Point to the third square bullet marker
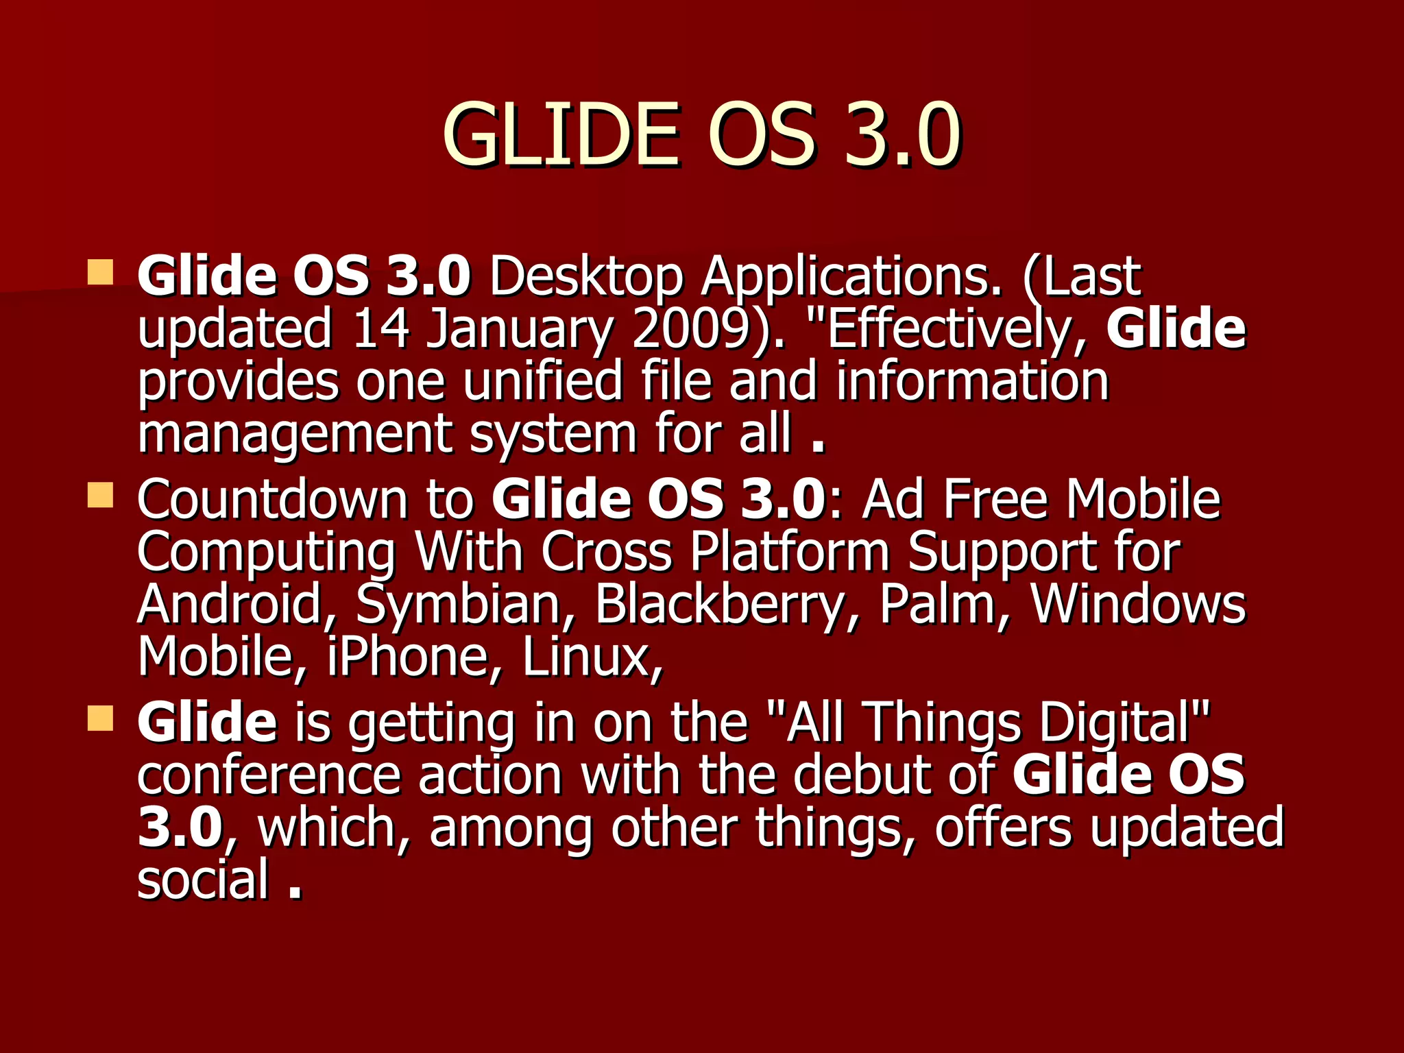tap(100, 718)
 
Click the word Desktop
tap(586, 277)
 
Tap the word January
tap(519, 329)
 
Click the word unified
tap(542, 381)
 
